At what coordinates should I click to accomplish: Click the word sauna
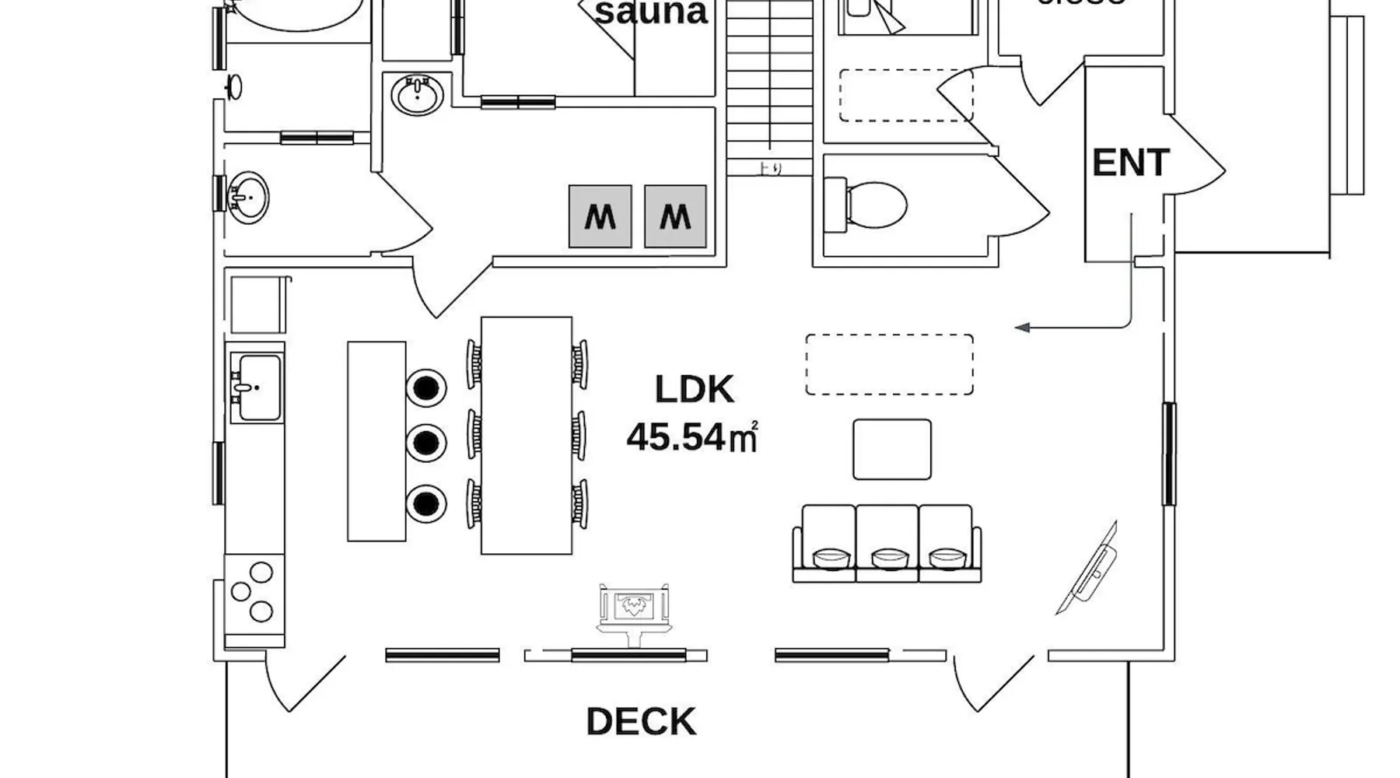[652, 13]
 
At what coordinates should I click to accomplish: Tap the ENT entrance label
[1130, 163]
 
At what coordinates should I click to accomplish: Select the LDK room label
[694, 390]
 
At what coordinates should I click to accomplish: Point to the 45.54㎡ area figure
[691, 437]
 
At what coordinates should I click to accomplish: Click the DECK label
[641, 722]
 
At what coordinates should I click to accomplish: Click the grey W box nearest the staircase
[675, 216]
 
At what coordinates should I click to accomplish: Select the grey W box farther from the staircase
[600, 216]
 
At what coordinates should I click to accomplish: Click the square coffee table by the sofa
[891, 449]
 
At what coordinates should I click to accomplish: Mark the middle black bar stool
[426, 442]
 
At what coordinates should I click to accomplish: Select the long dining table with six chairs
[527, 435]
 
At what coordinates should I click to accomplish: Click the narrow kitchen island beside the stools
[376, 440]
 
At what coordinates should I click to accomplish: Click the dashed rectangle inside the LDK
[889, 364]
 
